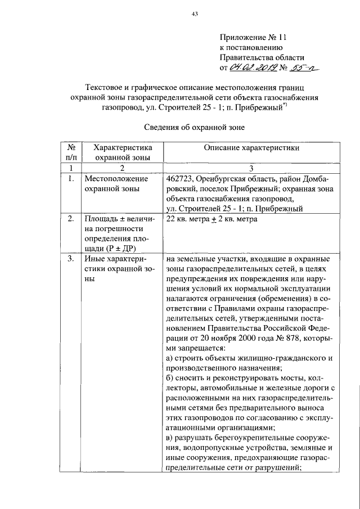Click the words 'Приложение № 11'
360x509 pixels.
246,37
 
